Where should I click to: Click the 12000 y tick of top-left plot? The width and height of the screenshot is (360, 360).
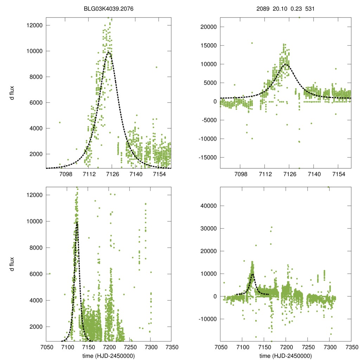[x=35, y=25]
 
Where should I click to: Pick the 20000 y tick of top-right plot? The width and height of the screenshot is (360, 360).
[x=208, y=27]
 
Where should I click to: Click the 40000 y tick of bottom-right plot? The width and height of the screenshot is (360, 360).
[x=208, y=206]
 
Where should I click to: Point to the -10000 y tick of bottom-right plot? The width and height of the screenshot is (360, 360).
[x=207, y=319]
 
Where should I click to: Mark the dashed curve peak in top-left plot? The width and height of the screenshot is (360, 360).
[x=109, y=52]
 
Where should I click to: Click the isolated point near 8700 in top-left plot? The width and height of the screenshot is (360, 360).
[x=156, y=67]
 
